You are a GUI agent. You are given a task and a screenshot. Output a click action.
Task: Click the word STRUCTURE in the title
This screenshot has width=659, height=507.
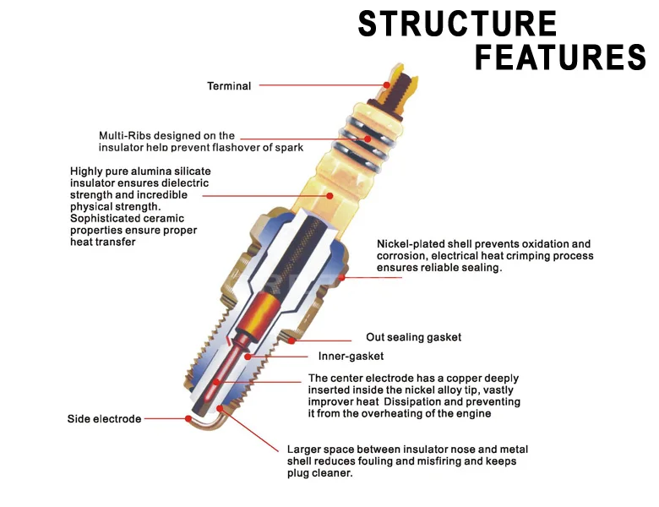(x=457, y=24)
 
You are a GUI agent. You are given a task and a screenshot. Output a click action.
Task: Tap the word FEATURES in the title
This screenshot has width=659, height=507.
(x=560, y=57)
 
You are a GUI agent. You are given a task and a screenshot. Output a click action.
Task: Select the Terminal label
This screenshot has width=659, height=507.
(x=229, y=86)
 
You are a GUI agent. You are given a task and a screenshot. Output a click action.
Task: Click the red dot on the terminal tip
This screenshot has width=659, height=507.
(x=386, y=84)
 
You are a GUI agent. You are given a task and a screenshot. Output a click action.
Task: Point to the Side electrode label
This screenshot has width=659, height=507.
(x=104, y=419)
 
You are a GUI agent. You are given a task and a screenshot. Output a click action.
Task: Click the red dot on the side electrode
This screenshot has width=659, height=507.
(x=188, y=419)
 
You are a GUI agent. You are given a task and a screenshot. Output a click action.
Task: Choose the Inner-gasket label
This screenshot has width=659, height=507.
(x=351, y=357)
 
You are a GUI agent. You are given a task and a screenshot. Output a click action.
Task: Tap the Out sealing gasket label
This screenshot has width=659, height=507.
(x=413, y=337)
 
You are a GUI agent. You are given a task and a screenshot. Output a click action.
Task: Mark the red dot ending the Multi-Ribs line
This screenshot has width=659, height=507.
(x=368, y=139)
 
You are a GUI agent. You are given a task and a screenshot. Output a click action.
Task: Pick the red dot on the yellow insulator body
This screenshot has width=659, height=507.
(x=329, y=196)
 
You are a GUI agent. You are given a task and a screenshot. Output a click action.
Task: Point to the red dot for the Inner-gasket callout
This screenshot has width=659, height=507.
(x=248, y=357)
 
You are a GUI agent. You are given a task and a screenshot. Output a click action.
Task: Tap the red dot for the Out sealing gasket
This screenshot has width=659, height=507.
(x=291, y=341)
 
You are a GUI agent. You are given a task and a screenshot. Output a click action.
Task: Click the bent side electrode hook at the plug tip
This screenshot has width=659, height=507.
(x=207, y=422)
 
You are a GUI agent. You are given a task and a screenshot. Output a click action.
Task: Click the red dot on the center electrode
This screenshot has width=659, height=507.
(x=216, y=382)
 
